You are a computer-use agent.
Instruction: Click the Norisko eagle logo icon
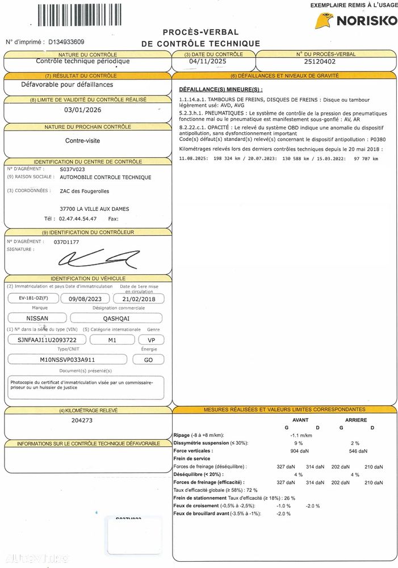tap(324, 22)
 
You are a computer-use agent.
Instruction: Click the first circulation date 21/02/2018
tap(139, 298)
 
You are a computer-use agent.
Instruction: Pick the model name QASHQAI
tap(115, 318)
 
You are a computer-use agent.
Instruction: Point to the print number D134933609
tap(66, 41)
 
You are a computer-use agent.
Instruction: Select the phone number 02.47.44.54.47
tap(78, 218)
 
